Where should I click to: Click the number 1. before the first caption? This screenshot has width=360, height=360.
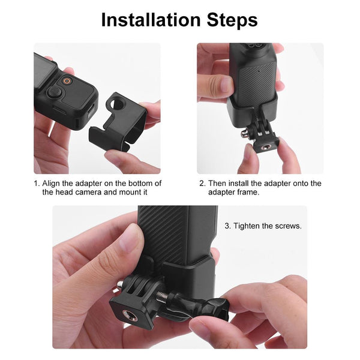37,184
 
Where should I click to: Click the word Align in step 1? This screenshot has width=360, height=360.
53,184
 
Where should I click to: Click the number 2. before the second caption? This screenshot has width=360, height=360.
202,184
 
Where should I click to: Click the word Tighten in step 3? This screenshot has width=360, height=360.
247,226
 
